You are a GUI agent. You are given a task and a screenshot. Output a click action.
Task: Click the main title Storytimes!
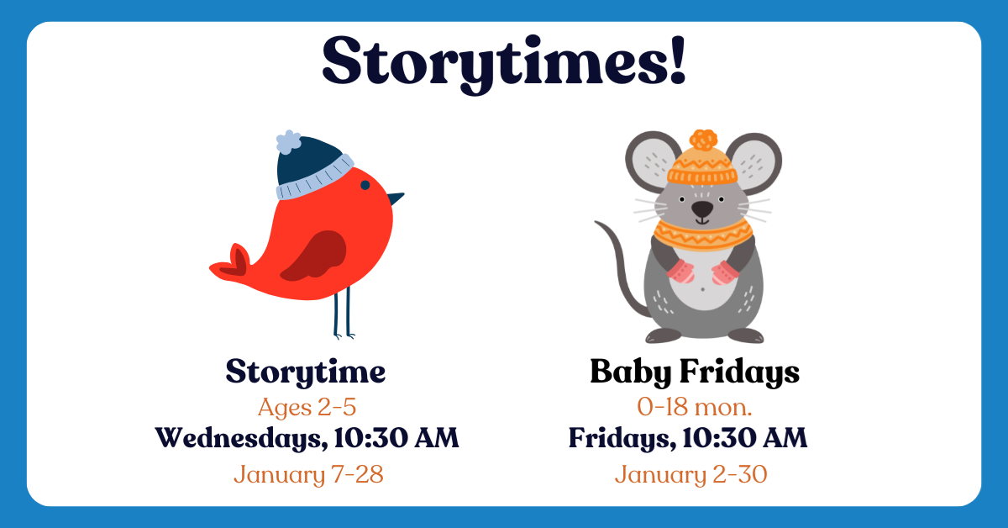(504, 63)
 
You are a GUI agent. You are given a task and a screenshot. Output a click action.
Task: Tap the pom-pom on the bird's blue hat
(288, 141)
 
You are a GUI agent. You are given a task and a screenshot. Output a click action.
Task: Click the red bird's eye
(365, 185)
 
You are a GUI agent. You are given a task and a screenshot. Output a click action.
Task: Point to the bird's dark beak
(395, 198)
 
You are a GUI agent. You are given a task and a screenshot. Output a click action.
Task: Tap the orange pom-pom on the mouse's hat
(703, 140)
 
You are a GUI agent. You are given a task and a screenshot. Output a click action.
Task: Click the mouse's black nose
(702, 209)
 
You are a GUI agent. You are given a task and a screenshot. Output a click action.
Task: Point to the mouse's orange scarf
(703, 235)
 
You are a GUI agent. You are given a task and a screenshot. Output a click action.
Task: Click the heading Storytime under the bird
(306, 372)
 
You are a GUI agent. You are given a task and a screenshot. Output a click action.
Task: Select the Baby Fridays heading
(695, 372)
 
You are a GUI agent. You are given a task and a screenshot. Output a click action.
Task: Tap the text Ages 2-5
(307, 407)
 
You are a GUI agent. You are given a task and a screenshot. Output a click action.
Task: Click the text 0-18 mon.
(695, 407)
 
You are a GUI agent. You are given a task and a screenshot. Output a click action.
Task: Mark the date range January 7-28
(309, 475)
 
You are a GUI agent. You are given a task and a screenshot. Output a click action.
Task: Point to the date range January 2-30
(690, 475)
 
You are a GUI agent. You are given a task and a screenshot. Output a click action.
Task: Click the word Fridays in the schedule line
(622, 438)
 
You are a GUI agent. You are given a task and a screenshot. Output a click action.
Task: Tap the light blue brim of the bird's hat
(315, 178)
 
